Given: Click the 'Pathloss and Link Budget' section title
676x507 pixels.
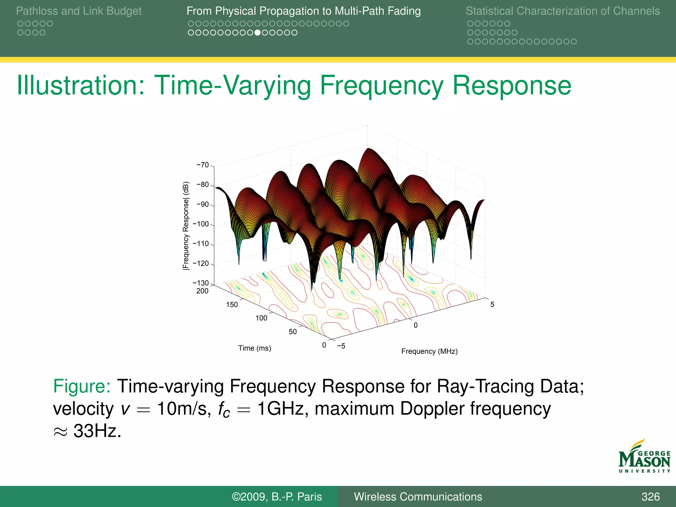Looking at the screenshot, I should [79, 11].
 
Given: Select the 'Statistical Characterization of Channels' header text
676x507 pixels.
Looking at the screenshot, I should [562, 11].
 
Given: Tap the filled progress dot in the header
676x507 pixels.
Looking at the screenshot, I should [257, 33].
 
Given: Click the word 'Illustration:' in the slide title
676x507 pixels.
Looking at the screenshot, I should [81, 85].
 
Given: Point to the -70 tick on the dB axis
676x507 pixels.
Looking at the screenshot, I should [203, 165].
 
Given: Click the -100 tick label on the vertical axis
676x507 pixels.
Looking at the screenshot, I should [201, 224].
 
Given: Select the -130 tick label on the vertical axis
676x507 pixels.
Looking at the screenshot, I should [201, 283].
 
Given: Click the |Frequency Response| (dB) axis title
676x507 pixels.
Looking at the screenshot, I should [186, 226].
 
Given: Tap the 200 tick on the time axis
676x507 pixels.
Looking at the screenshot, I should [202, 291].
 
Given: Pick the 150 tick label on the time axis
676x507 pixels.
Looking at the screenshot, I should [232, 305].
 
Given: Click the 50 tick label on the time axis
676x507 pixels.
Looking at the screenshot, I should [293, 332].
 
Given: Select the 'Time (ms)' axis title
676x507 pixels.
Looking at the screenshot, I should [254, 348].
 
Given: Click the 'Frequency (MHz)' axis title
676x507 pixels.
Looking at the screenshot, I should [429, 351].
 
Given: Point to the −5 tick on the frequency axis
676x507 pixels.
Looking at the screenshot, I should [341, 346].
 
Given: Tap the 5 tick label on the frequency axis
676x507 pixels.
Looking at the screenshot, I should [492, 305].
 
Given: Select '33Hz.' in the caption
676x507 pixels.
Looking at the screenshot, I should [97, 431].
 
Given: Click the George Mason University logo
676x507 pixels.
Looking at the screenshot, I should [644, 457].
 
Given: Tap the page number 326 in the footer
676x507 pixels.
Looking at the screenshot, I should [650, 496].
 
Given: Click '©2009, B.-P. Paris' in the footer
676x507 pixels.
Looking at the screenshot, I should [277, 496].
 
